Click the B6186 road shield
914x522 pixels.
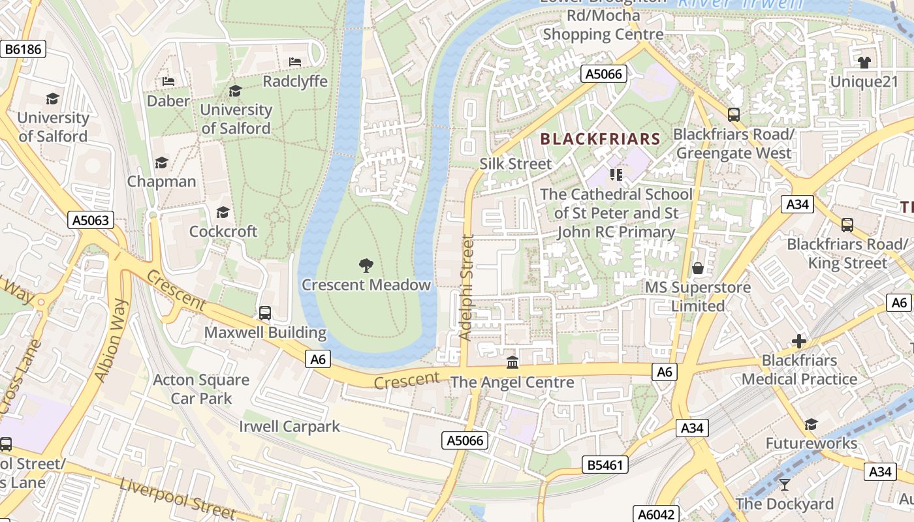coord(23,49)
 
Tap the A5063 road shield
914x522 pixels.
coord(90,220)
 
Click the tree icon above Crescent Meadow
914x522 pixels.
coord(366,265)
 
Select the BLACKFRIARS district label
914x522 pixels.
coord(601,139)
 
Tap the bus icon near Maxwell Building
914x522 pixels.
coord(265,313)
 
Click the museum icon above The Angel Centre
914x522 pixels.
coord(512,362)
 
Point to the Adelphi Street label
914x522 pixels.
coord(465,287)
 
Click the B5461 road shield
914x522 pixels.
coord(605,465)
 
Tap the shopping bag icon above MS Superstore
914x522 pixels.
coord(698,268)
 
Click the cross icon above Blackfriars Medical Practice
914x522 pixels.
coord(798,341)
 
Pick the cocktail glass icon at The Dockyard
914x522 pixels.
coord(784,484)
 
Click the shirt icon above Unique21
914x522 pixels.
coord(864,63)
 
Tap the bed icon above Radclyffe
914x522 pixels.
coord(295,62)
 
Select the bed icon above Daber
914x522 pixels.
coord(168,82)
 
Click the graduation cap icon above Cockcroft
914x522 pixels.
coord(223,212)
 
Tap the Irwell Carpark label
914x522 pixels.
coord(289,427)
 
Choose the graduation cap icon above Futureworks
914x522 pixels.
coord(811,425)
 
